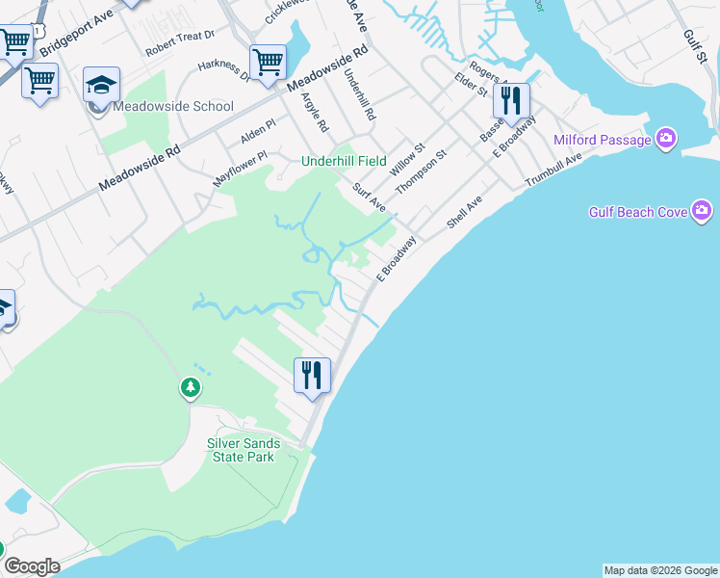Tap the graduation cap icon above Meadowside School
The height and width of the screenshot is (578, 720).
[101, 85]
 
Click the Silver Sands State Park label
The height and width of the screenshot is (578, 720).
[244, 450]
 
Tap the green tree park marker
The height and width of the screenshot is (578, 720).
[191, 388]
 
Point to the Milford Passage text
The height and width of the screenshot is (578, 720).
[603, 140]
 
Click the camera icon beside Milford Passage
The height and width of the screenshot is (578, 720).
[666, 140]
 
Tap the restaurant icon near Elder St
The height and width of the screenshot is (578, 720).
[511, 100]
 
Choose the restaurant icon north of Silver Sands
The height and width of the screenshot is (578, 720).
[312, 374]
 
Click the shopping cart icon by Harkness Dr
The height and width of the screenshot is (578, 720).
[268, 63]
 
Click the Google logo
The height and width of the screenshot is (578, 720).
[32, 566]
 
